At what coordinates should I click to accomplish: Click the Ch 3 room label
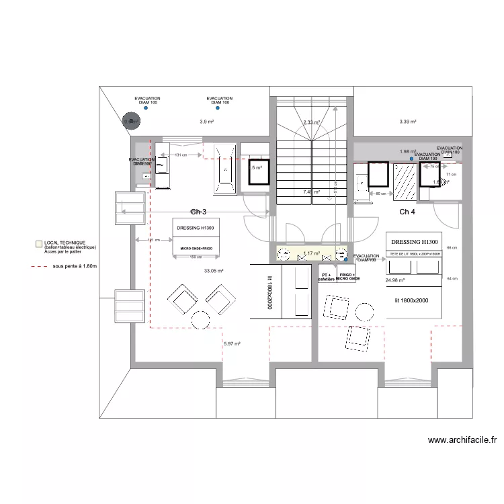coord(198,212)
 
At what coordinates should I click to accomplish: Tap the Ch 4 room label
coord(408,212)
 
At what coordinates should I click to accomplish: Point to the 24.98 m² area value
coord(397,280)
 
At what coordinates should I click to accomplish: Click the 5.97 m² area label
coord(232,344)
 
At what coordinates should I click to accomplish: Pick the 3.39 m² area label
coord(408,122)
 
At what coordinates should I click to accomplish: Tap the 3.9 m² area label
coord(206,122)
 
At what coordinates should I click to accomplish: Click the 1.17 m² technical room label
coord(310,253)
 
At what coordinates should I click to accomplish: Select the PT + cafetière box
coord(327,277)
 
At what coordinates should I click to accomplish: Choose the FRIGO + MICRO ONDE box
coord(347,277)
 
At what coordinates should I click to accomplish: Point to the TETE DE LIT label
coord(415,253)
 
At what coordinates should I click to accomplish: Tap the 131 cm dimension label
coord(179,155)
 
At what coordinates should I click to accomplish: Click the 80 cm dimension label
coord(380,194)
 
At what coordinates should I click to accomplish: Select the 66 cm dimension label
coord(452,248)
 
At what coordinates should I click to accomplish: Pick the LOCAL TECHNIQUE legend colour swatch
coord(39,245)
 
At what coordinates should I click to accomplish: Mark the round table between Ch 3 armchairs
coord(200,320)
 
